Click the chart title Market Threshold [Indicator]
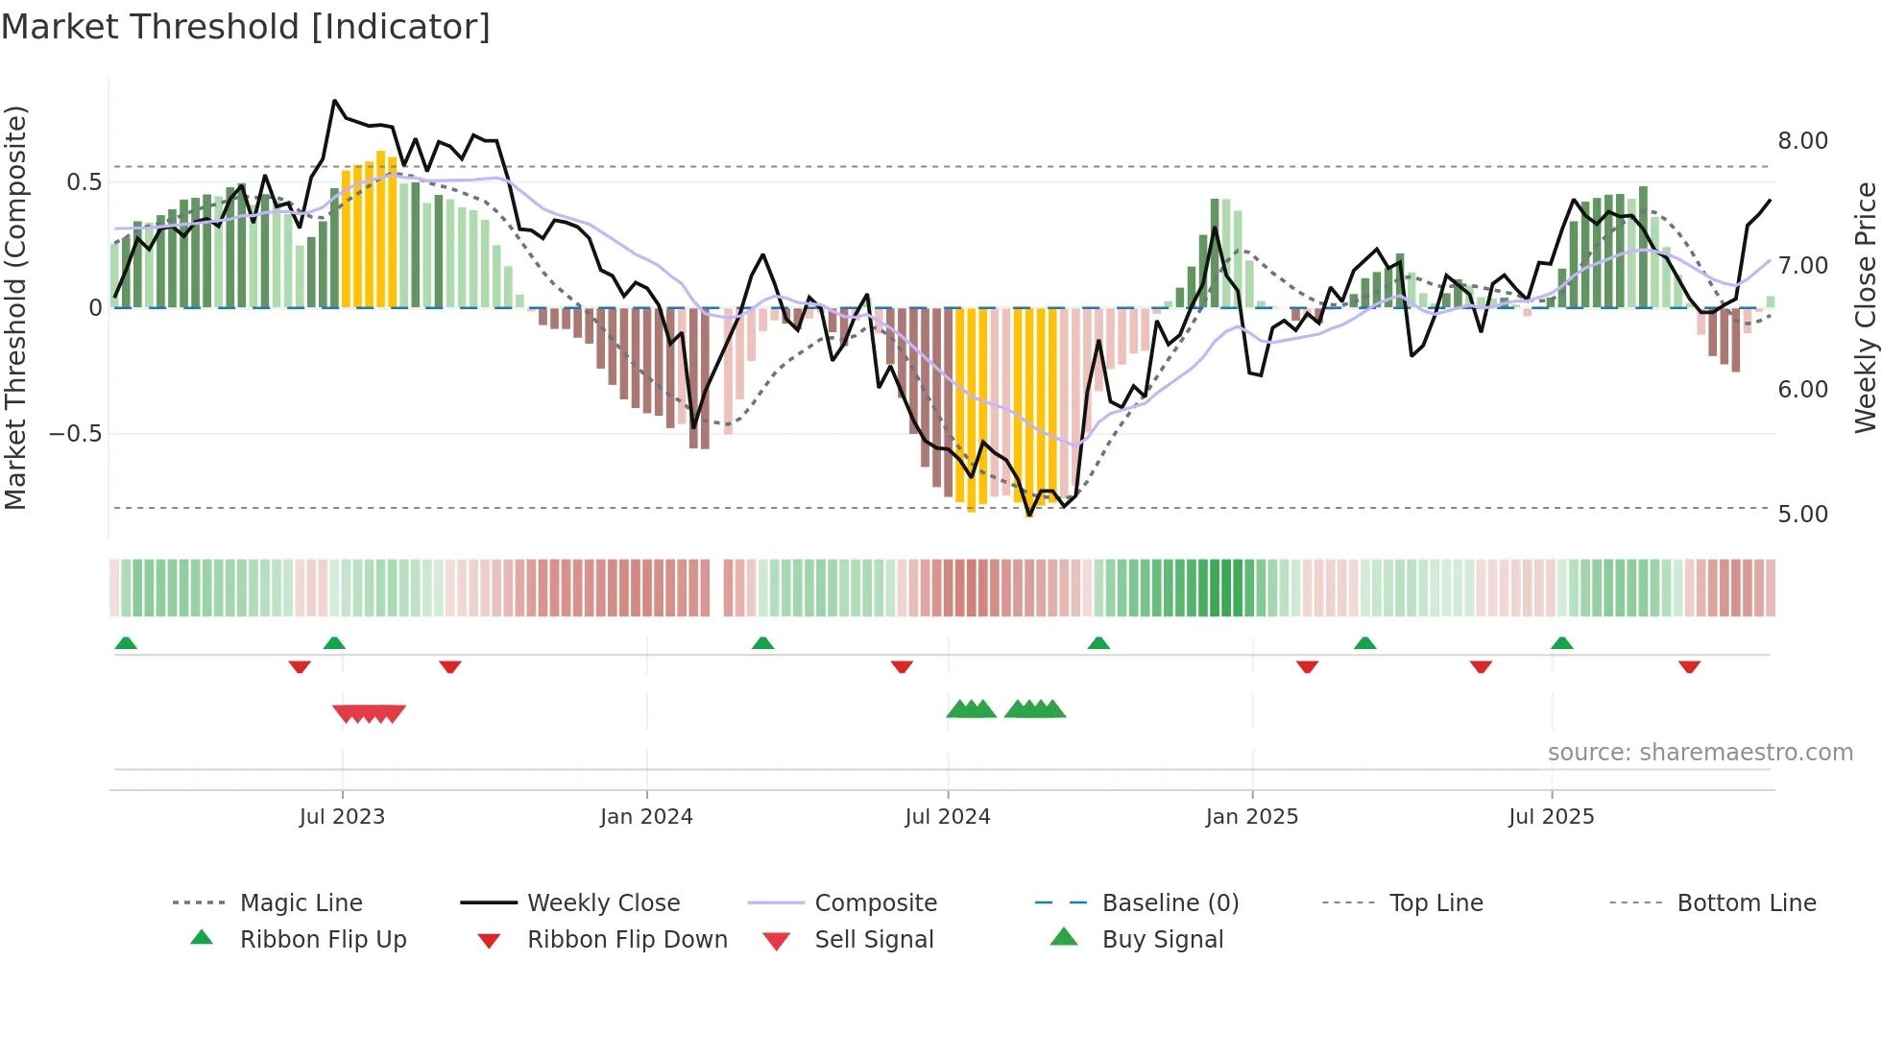246,27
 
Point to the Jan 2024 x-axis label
646,816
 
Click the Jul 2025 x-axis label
1551,816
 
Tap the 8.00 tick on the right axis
1802,141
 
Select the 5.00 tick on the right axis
1802,515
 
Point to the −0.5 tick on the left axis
75,434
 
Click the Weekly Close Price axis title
1865,307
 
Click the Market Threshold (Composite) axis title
15,307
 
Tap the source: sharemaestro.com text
1700,752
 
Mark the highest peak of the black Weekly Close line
334,101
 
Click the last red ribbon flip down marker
1689,666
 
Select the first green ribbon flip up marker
126,643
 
